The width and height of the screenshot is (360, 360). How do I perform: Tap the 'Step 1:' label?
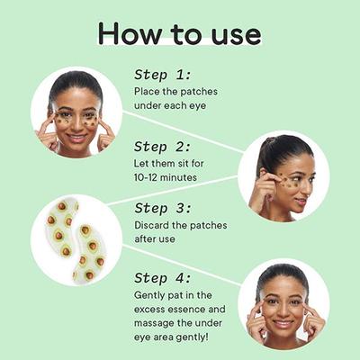[163, 75]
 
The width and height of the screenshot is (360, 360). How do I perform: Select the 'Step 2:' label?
[164, 146]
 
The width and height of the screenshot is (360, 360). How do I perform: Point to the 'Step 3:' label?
[164, 208]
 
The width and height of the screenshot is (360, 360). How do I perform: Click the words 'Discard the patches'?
[180, 225]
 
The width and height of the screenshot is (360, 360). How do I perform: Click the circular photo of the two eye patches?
[76, 239]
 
